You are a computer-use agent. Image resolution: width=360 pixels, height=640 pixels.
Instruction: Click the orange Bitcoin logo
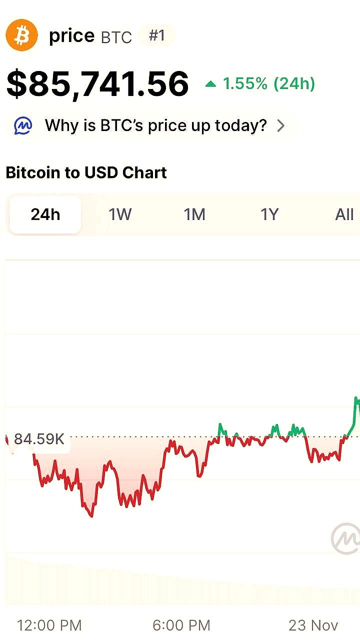point(21,35)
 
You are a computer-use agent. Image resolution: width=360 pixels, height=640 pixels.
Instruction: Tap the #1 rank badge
point(157,35)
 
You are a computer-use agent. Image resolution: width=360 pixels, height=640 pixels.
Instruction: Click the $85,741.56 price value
point(97,84)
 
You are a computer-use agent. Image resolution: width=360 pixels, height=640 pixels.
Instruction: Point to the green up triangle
point(210,84)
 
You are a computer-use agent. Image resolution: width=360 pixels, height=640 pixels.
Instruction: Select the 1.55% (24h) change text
point(269,84)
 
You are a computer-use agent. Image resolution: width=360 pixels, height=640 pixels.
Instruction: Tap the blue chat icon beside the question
point(23,125)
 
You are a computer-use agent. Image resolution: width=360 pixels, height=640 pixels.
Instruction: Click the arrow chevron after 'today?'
point(281,125)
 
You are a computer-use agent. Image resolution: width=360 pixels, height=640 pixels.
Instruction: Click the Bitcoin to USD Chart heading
point(86,172)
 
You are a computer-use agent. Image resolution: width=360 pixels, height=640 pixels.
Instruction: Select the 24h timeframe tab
point(45,214)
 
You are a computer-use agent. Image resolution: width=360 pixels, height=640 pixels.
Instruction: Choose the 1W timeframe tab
point(120,214)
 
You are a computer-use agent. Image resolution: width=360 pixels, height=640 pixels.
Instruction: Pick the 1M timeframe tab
point(194,214)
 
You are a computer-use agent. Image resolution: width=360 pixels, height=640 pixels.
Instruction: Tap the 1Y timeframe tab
point(269,214)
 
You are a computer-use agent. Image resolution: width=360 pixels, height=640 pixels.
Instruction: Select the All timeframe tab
point(344,214)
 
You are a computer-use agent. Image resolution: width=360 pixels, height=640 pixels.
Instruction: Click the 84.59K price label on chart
point(39,439)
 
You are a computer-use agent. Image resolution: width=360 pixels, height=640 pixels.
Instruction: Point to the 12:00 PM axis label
point(49,625)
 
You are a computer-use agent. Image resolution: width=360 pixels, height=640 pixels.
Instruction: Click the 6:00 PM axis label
point(181,625)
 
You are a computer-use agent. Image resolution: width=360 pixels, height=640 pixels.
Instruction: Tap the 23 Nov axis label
point(313,625)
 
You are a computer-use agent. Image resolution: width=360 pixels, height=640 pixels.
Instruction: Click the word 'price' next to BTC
point(71,35)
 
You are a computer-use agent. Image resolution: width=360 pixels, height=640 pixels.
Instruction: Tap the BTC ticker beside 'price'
point(116,37)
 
